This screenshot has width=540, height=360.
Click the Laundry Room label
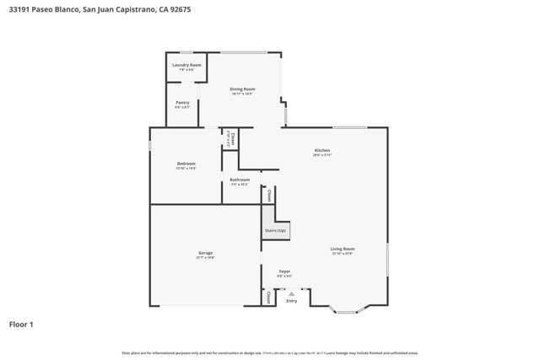click(186, 66)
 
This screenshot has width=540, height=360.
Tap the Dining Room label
click(243, 89)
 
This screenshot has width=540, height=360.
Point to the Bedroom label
click(186, 164)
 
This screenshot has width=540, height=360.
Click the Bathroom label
click(240, 180)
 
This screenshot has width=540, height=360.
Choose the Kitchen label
click(322, 151)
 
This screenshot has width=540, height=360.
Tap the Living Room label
click(342, 250)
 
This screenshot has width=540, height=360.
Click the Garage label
click(205, 253)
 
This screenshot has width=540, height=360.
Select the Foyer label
click(285, 272)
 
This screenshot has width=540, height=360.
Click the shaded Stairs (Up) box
click(276, 229)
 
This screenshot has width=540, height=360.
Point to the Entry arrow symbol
click(292, 293)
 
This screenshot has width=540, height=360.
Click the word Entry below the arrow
click(292, 301)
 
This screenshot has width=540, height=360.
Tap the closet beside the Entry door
click(268, 297)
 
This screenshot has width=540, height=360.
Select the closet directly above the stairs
click(269, 195)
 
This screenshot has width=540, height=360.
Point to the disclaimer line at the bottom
click(270, 353)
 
